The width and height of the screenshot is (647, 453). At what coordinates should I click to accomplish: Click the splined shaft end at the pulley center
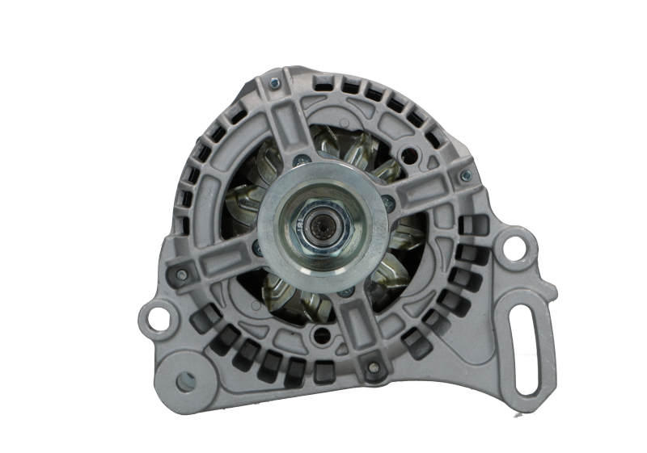click(323, 220)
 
